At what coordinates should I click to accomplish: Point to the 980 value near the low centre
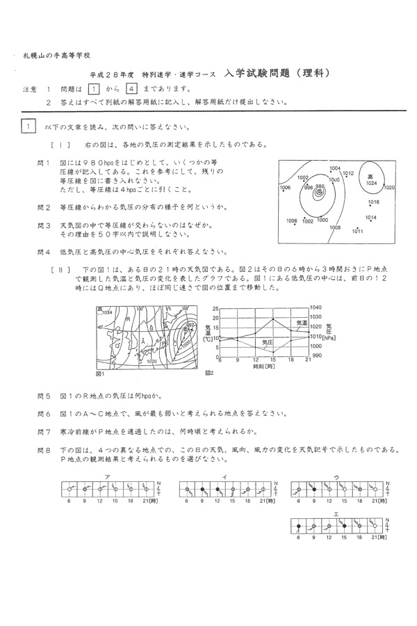pyautogui.click(x=320, y=186)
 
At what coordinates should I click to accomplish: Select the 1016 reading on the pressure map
pyautogui.click(x=373, y=202)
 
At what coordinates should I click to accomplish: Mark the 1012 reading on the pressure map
pyautogui.click(x=349, y=173)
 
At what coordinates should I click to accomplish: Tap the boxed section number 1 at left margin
pyautogui.click(x=28, y=127)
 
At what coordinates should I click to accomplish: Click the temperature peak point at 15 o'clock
pyautogui.click(x=273, y=319)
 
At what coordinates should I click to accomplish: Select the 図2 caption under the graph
pyautogui.click(x=210, y=373)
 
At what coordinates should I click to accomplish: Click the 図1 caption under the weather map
pyautogui.click(x=99, y=374)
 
